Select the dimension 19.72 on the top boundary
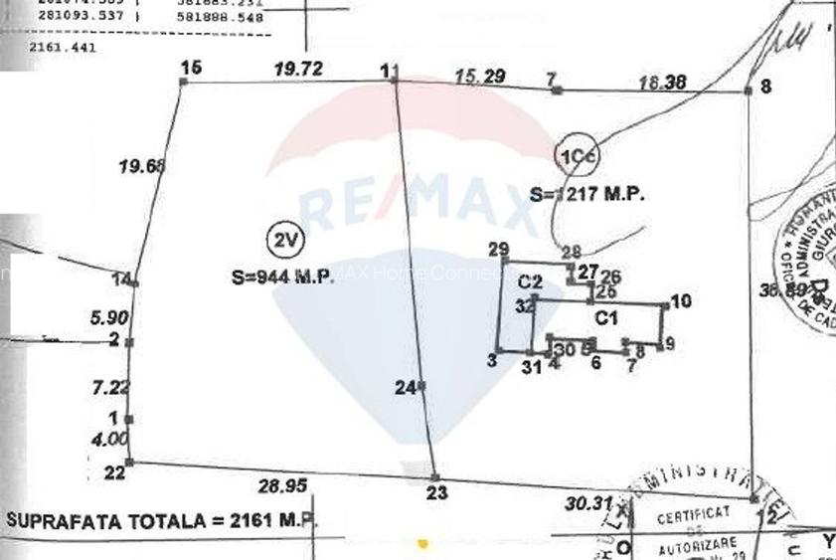coord(298,68)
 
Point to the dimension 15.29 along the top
coord(480,76)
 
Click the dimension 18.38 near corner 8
coord(662,84)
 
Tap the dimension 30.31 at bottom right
coord(587,503)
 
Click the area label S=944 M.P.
coord(282,279)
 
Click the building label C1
coord(606,318)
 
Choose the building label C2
coord(530,282)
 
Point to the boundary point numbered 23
coord(436,491)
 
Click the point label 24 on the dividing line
coord(405,389)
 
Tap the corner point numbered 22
coord(115,472)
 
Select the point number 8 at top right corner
coord(764,87)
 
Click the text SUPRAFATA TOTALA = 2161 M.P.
coord(160,520)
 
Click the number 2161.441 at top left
coord(64,47)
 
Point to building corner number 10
coord(681,301)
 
